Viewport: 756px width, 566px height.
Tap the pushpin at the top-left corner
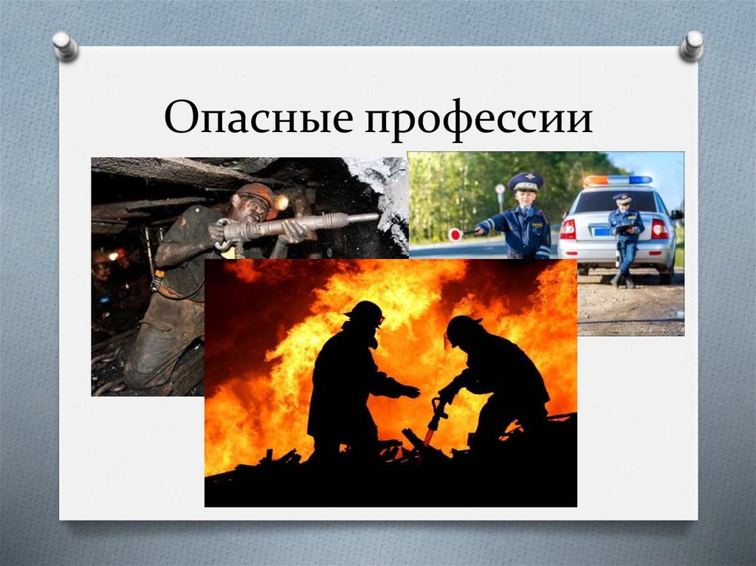[66, 46]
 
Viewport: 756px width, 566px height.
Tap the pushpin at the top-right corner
[691, 46]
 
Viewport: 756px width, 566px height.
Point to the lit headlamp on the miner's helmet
[281, 202]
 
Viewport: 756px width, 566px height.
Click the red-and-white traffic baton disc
[455, 235]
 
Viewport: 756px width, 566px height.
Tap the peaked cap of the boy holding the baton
[525, 182]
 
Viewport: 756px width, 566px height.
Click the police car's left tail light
[568, 229]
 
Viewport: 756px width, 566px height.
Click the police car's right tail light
[659, 229]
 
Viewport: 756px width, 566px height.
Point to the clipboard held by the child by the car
[625, 229]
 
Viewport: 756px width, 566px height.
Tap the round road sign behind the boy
[500, 188]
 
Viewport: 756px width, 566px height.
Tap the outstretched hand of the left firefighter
[412, 391]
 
